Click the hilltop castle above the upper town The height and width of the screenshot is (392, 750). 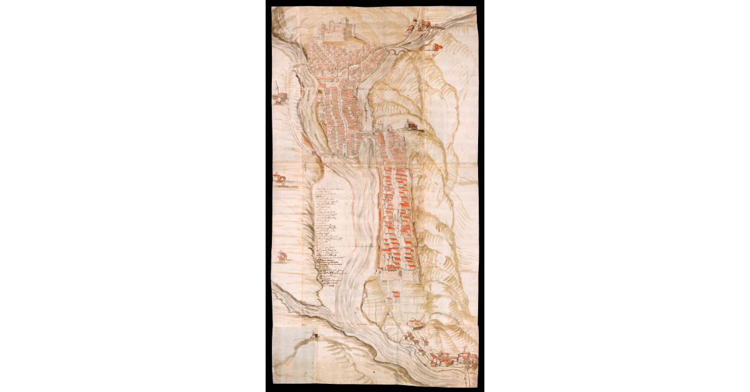click(x=338, y=27)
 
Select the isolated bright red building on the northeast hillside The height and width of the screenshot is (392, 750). click(x=432, y=47)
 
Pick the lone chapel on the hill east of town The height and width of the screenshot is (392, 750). click(x=412, y=125)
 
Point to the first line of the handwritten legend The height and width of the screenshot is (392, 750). click(x=331, y=188)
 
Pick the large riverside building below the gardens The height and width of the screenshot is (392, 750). click(x=416, y=324)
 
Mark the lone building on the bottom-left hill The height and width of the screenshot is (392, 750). click(x=314, y=336)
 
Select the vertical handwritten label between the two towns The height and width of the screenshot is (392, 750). click(x=366, y=112)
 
